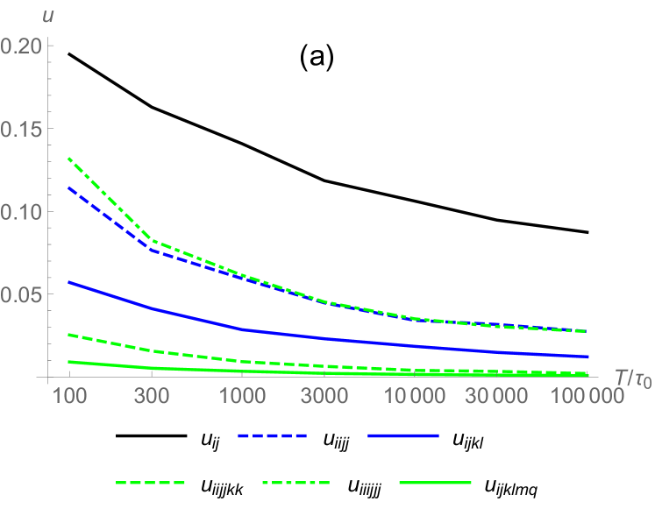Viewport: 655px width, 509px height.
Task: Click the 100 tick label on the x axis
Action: click(x=68, y=397)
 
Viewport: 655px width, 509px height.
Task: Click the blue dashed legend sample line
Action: click(x=272, y=435)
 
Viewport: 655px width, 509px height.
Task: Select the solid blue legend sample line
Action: click(x=403, y=435)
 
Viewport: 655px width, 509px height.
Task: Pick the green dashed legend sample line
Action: click(x=151, y=483)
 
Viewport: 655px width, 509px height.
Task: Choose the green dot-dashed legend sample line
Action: click(x=296, y=483)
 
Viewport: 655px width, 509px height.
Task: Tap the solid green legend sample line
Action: click(x=435, y=483)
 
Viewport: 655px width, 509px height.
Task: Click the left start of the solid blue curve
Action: click(x=68, y=282)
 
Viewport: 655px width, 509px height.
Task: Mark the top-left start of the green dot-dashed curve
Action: click(x=68, y=159)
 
